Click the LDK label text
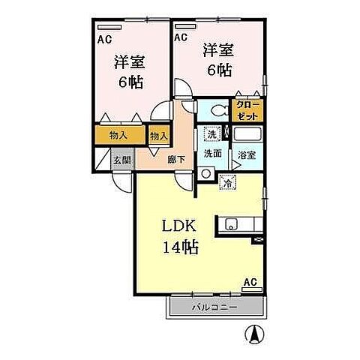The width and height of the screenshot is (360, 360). click(x=180, y=226)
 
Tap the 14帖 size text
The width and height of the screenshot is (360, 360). click(x=181, y=247)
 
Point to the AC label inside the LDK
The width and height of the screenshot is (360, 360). click(x=250, y=283)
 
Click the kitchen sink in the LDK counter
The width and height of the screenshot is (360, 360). click(x=231, y=223)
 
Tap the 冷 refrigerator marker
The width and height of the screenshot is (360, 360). click(x=226, y=181)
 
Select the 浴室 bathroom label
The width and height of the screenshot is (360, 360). click(x=247, y=154)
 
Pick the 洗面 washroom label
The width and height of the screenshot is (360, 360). click(x=212, y=153)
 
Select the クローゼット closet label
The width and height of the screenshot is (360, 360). click(x=247, y=111)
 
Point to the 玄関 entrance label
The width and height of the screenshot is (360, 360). click(x=121, y=160)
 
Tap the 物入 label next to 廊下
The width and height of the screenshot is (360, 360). click(x=158, y=136)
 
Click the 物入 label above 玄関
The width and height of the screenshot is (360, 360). click(x=118, y=136)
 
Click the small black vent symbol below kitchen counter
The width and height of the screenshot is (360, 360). click(x=259, y=238)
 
